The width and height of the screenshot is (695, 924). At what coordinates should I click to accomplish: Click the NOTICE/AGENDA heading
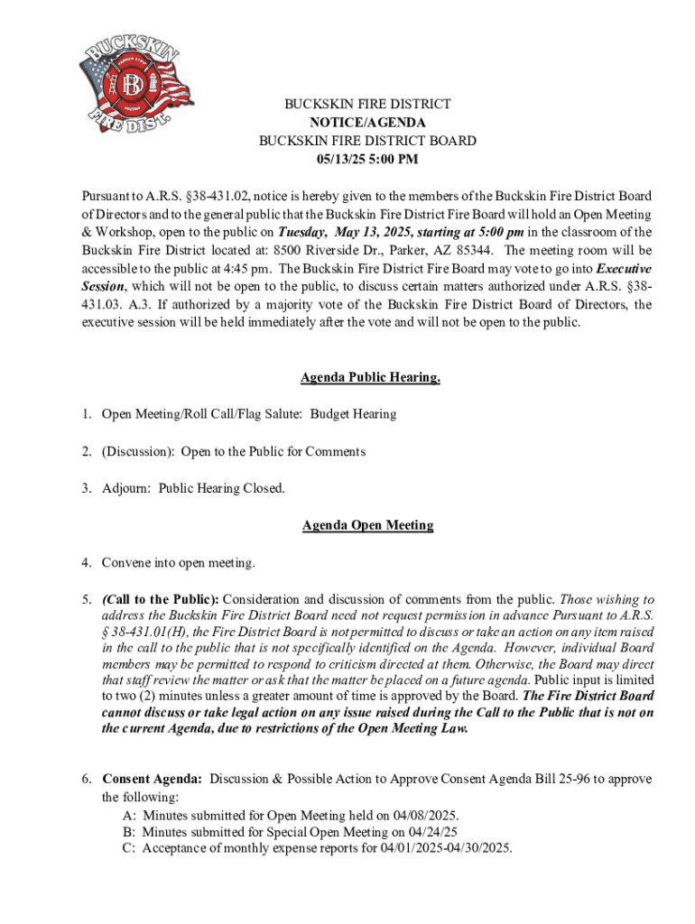(367, 123)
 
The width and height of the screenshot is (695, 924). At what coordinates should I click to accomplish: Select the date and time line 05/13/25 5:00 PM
(367, 160)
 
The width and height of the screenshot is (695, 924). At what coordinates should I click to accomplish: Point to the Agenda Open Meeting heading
(367, 525)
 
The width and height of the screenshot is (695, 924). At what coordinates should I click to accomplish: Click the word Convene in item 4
(127, 563)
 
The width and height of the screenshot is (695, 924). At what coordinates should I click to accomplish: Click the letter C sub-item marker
(128, 848)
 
